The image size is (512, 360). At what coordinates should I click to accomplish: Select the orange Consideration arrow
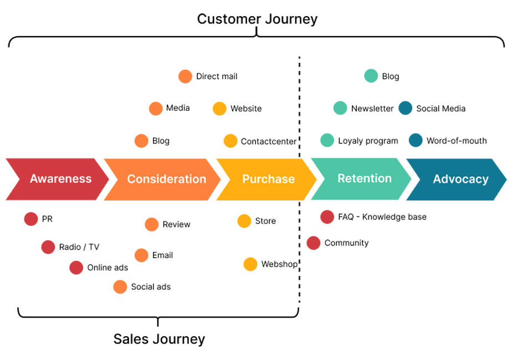[166, 179]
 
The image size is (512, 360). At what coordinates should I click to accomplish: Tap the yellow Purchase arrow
[268, 179]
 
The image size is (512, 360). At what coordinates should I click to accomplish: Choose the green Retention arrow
[364, 178]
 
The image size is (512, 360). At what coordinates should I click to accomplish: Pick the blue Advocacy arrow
[460, 179]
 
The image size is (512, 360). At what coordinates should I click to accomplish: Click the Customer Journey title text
[257, 19]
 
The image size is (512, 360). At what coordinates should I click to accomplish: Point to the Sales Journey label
[159, 338]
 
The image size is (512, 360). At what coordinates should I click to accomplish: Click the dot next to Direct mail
[185, 76]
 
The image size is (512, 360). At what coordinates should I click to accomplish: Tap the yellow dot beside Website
[219, 109]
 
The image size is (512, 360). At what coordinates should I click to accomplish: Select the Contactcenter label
[269, 141]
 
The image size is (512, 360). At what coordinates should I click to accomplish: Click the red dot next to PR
[31, 219]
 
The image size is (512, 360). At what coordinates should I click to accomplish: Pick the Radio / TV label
[79, 247]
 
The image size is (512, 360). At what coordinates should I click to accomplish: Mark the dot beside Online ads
[76, 268]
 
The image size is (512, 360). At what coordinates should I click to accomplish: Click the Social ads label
[151, 287]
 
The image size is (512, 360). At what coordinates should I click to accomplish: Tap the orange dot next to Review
[151, 224]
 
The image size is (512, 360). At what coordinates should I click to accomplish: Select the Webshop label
[279, 264]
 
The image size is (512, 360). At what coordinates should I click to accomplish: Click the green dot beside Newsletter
[340, 109]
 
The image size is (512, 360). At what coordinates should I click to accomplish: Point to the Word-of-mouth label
[457, 141]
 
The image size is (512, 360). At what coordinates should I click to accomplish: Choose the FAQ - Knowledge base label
[382, 217]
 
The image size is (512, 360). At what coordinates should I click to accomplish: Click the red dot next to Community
[314, 243]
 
